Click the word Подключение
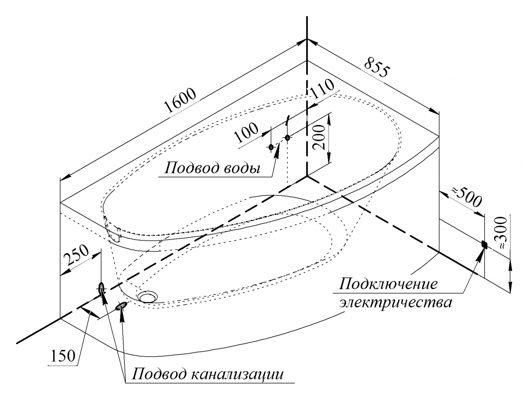pos(388,285)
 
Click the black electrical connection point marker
pos(484,245)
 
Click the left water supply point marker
pos(271,147)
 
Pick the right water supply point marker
pos(287,138)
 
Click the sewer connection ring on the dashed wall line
pos(101,288)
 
